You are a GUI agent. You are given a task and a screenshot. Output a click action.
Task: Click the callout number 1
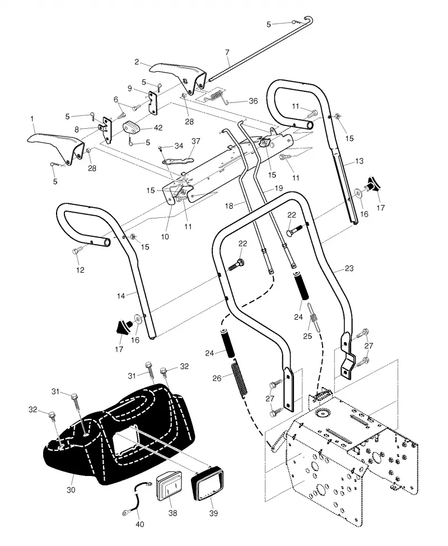point(32,119)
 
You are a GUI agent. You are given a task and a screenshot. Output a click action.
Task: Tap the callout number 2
point(137,62)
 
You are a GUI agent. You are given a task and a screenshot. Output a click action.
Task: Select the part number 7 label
point(227,52)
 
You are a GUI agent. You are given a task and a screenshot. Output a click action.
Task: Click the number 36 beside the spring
point(253,101)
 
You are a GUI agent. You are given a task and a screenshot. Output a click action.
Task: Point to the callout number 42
point(158,128)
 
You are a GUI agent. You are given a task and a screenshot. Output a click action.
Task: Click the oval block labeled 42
point(132,127)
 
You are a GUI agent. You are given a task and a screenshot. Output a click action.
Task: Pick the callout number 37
point(196,141)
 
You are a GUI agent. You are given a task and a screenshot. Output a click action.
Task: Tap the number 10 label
point(165,237)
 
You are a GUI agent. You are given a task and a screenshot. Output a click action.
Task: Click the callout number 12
point(80,270)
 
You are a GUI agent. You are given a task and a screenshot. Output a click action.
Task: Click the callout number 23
point(349,268)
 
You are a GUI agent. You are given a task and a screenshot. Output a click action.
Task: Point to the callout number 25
point(307,336)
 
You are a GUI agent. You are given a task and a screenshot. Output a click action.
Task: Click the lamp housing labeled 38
point(170,486)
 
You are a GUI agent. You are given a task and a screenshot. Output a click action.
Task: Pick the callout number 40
point(139,524)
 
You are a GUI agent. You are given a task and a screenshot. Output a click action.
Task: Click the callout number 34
point(179,146)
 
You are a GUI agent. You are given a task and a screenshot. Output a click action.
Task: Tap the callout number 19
point(278,188)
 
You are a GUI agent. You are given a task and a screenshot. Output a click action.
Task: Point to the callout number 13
point(359,161)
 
